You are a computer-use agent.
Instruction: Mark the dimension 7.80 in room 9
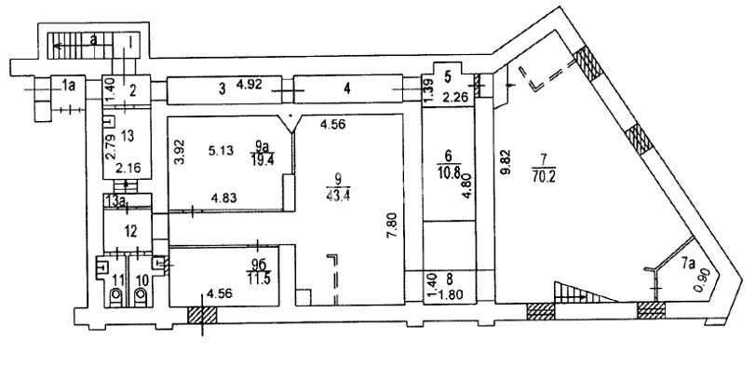(x=395, y=224)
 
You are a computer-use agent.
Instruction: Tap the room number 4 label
(x=346, y=88)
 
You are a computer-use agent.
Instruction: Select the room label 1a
(x=69, y=86)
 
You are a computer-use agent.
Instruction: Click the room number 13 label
(x=128, y=137)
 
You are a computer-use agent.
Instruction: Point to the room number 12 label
(x=128, y=232)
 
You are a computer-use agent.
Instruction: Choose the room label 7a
(x=688, y=264)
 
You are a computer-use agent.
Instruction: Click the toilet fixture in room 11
(x=116, y=296)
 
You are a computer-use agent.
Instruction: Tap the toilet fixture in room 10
(x=141, y=296)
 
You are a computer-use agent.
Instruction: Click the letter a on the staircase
(x=93, y=41)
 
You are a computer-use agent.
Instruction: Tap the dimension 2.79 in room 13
(x=111, y=147)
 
